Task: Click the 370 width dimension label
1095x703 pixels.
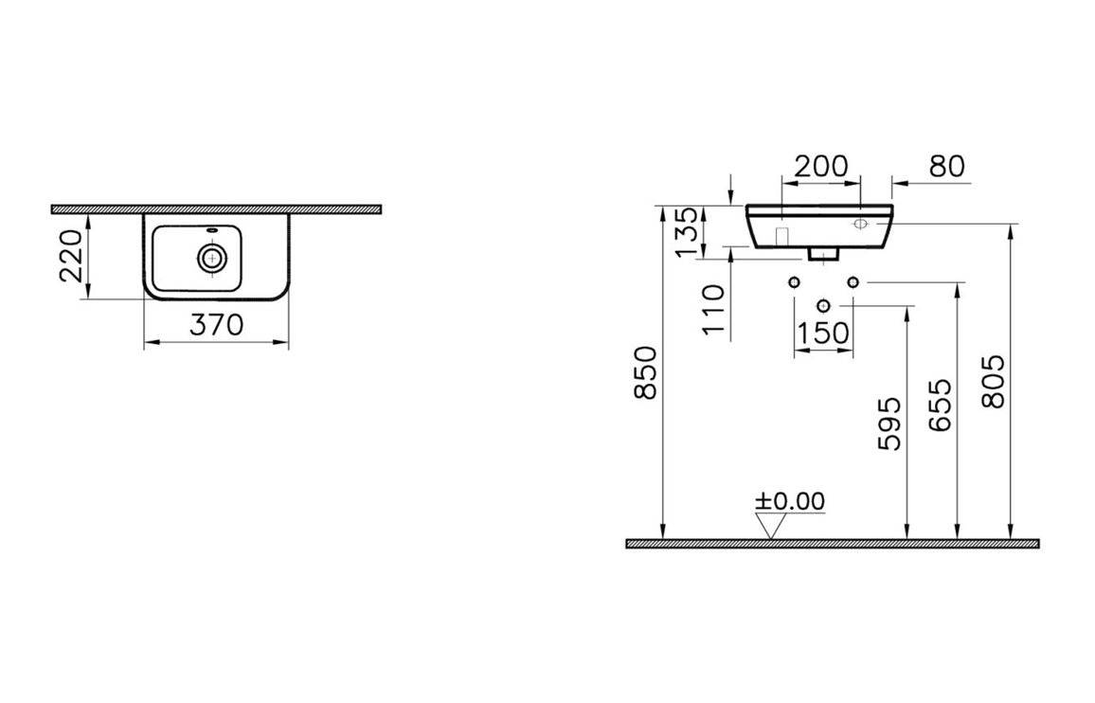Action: (x=217, y=325)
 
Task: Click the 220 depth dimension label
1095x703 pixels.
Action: (x=73, y=255)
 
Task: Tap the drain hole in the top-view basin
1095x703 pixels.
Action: (x=211, y=258)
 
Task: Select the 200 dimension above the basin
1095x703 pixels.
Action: (x=821, y=167)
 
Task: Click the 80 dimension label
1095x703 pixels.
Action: (x=947, y=167)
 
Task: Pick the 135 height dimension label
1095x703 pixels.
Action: (x=687, y=230)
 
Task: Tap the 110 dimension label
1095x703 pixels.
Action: (x=713, y=310)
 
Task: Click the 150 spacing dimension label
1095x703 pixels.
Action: (x=823, y=333)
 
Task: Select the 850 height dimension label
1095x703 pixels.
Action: (x=646, y=372)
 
